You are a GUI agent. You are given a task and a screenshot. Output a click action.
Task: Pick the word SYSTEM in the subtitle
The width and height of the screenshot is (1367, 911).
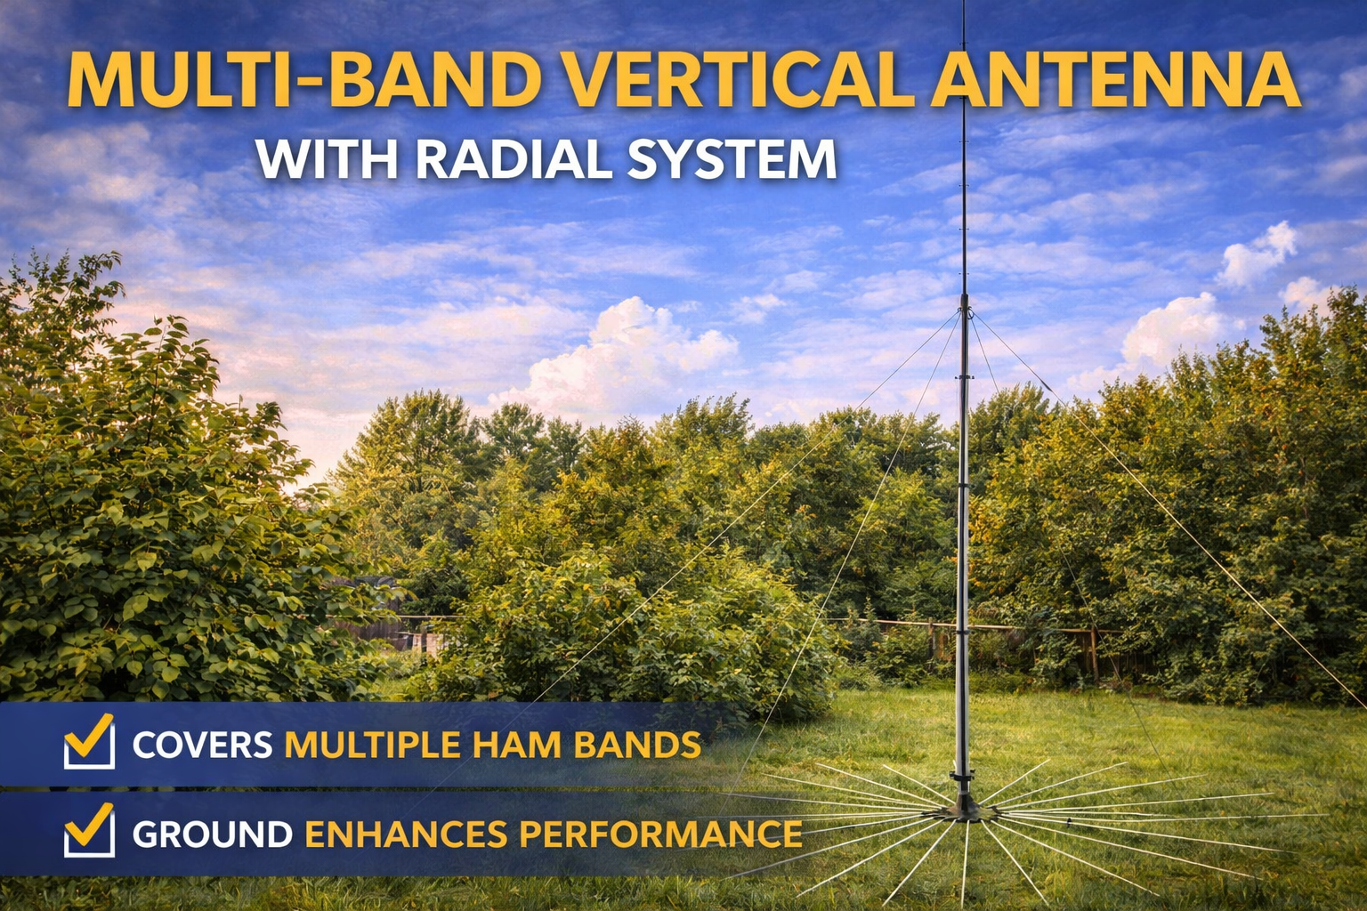(732, 159)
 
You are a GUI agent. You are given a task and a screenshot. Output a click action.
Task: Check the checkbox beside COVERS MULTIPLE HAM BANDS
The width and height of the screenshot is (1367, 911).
(89, 743)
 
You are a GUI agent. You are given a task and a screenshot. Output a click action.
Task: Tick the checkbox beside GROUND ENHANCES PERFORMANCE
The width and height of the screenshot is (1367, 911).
(89, 832)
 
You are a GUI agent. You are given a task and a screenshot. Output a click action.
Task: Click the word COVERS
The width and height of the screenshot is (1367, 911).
(202, 745)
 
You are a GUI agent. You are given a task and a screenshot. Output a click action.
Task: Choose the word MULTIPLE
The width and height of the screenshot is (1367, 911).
(372, 745)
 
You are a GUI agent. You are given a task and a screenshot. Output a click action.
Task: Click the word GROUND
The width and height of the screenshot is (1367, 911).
(212, 834)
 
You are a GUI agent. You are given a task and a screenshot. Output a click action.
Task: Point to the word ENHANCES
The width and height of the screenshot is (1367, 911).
(405, 834)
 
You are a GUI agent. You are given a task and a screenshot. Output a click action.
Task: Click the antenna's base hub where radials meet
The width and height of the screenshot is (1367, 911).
(963, 810)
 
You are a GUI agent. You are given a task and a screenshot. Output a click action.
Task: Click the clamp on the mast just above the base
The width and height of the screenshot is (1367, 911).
(962, 778)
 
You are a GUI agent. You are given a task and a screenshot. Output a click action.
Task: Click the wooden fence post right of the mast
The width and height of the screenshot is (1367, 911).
(1094, 653)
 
